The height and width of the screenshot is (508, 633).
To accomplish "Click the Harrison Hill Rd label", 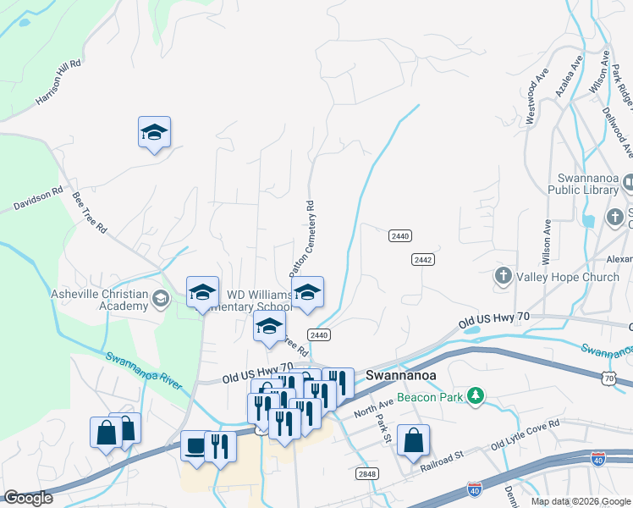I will (58, 82).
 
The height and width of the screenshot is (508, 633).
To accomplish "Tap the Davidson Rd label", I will (38, 200).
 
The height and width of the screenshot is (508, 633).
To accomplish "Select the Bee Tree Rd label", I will (90, 213).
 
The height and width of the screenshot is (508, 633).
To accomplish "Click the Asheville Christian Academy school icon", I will (161, 297).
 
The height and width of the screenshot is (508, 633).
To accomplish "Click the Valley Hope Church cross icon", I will (503, 276).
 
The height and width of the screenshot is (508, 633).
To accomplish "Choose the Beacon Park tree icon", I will (476, 395).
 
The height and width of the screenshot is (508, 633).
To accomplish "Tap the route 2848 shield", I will (366, 473).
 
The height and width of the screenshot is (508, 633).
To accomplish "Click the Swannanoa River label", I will (144, 370).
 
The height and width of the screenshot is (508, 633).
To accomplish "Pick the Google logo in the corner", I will (28, 498).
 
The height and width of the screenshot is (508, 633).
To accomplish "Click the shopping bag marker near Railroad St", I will (413, 440).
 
